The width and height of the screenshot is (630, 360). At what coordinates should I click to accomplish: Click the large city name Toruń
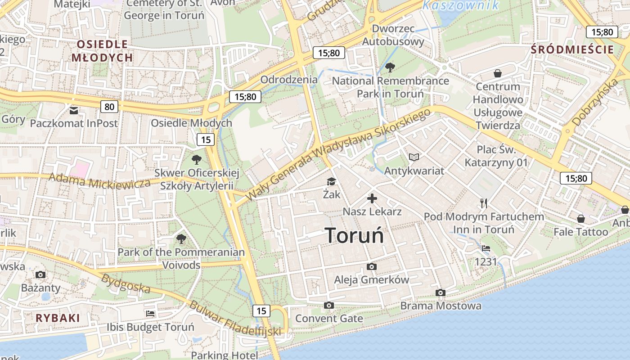pyautogui.click(x=354, y=235)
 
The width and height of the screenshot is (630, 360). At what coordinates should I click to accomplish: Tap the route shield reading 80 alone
pyautogui.click(x=109, y=107)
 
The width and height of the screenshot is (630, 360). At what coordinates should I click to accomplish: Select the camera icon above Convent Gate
pyautogui.click(x=329, y=306)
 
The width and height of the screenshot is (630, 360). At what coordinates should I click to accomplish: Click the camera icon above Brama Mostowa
pyautogui.click(x=441, y=293)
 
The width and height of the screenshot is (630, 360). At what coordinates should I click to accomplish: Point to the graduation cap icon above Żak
pyautogui.click(x=332, y=181)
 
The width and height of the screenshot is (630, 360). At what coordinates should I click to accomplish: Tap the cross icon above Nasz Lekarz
pyautogui.click(x=372, y=198)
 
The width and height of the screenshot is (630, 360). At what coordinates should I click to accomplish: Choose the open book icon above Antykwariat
pyautogui.click(x=414, y=157)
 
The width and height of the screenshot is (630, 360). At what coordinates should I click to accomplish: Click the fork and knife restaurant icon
pyautogui.click(x=484, y=203)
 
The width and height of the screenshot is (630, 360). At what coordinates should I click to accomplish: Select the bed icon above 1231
pyautogui.click(x=486, y=248)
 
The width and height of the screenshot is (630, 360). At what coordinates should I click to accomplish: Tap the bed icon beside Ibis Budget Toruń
pyautogui.click(x=150, y=313)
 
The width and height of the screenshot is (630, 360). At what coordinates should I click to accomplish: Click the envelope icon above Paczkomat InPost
pyautogui.click(x=74, y=110)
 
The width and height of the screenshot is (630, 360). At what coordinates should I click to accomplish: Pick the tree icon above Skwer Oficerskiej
pyautogui.click(x=196, y=159)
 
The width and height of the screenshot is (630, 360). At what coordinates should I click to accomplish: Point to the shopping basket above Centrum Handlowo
pyautogui.click(x=498, y=73)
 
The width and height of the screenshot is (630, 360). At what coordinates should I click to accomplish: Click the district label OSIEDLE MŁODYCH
pyautogui.click(x=102, y=51)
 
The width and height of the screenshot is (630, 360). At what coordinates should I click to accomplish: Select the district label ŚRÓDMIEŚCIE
pyautogui.click(x=572, y=49)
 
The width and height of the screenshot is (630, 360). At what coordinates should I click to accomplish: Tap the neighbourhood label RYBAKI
pyautogui.click(x=58, y=318)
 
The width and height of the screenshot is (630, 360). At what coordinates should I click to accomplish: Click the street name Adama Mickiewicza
pyautogui.click(x=99, y=181)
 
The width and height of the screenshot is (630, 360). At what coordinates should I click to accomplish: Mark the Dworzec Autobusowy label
pyautogui.click(x=393, y=35)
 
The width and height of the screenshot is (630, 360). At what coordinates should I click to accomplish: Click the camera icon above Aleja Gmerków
pyautogui.click(x=372, y=266)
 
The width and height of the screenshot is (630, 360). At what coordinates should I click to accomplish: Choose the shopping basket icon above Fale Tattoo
pyautogui.click(x=581, y=219)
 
